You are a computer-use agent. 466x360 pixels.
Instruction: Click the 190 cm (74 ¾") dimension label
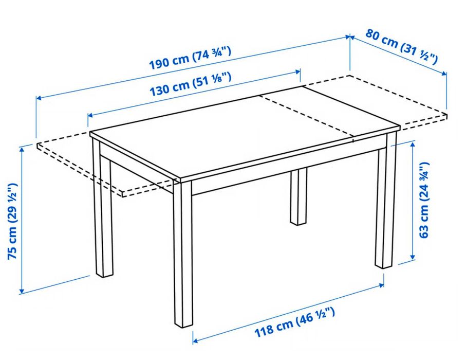point(190,58)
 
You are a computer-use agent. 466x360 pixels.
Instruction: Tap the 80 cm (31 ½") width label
point(402,46)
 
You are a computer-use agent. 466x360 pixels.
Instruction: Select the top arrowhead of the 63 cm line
point(413,146)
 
